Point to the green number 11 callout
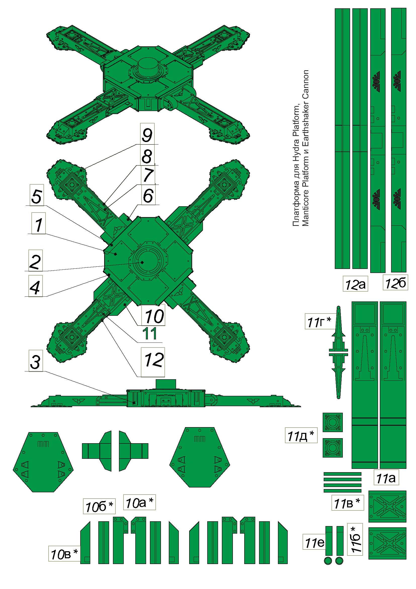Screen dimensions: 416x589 click(x=150, y=333)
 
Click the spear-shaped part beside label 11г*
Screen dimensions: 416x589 click(x=338, y=353)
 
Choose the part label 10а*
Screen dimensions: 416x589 click(x=140, y=502)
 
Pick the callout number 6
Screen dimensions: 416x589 click(x=148, y=196)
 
